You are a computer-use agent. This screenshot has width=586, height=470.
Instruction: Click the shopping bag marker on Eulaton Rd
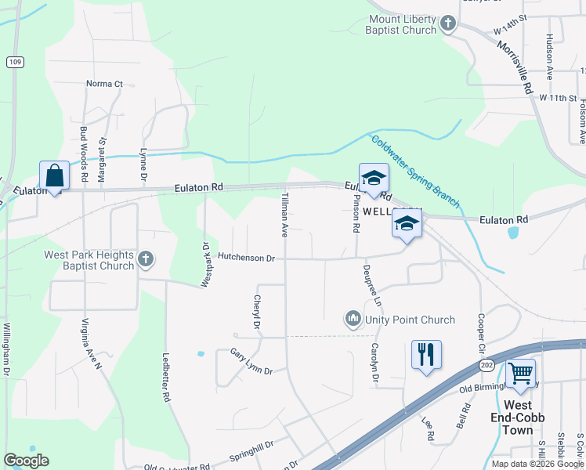[55, 175]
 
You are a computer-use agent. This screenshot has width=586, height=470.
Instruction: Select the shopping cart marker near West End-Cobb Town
[520, 374]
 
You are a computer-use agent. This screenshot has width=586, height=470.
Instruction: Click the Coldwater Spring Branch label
[415, 170]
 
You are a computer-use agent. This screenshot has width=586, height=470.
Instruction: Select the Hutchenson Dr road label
[246, 257]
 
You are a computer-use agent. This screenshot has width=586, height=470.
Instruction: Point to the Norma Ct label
[105, 84]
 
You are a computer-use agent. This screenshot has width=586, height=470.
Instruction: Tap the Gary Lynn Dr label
[251, 360]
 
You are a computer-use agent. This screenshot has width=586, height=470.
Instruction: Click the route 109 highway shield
[13, 61]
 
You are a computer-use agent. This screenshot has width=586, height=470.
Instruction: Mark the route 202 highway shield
[487, 365]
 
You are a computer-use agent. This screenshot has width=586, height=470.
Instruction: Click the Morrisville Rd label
[514, 63]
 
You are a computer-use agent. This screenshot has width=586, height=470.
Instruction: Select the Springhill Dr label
[251, 450]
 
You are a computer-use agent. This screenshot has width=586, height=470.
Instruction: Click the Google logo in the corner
[26, 460]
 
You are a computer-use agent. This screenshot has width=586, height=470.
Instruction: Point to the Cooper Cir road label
[479, 333]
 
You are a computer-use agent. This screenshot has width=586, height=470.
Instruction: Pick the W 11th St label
[558, 98]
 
